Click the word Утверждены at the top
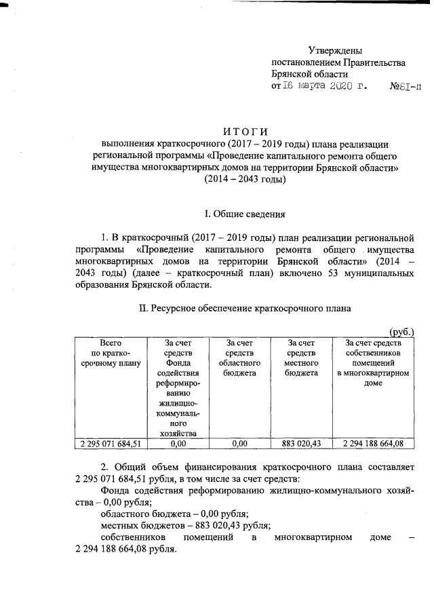335,50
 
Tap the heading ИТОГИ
245,131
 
